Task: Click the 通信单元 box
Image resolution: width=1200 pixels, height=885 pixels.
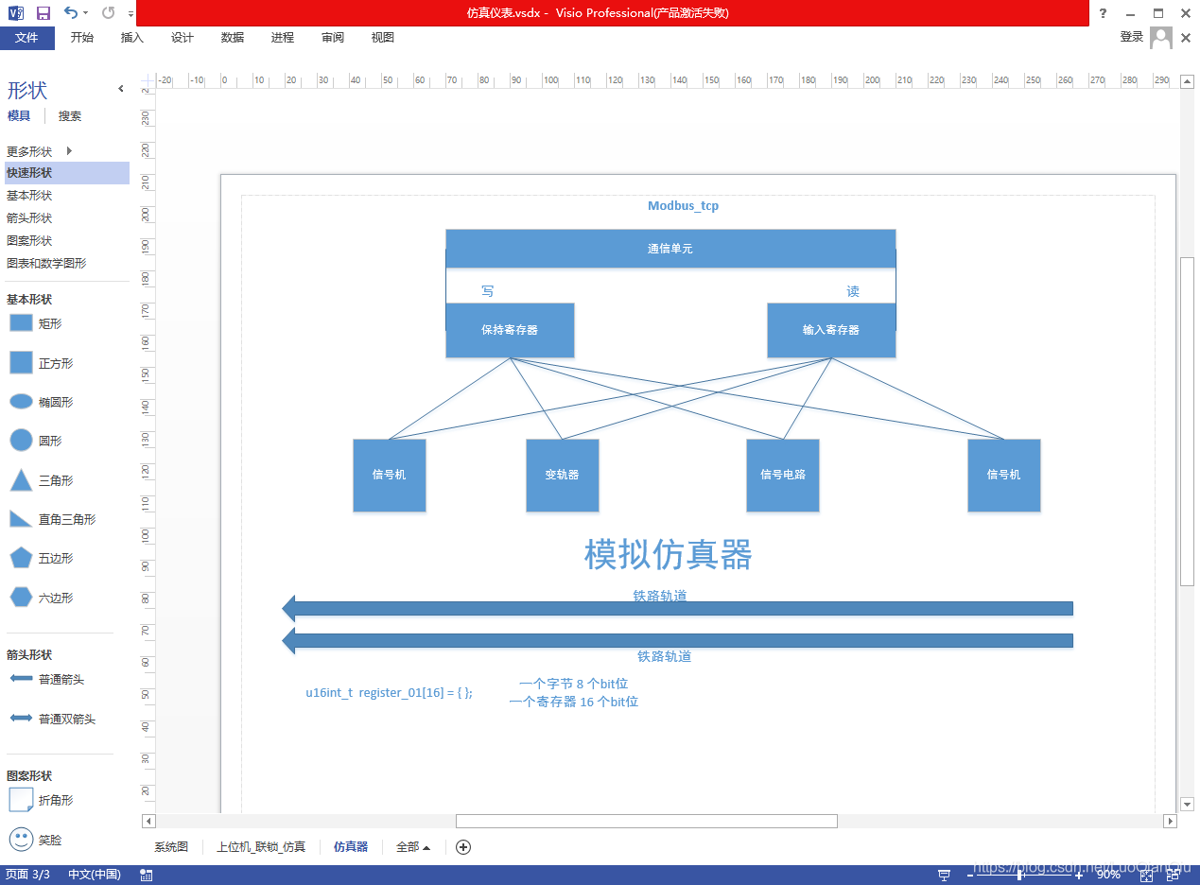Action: point(670,249)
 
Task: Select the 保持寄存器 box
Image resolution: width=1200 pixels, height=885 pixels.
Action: point(510,330)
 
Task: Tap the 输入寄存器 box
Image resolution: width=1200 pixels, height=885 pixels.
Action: point(831,330)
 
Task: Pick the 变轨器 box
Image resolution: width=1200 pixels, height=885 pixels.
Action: point(562,475)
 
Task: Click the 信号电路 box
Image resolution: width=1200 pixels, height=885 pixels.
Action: point(783,475)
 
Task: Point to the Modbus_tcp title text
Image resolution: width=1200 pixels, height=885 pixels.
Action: point(683,206)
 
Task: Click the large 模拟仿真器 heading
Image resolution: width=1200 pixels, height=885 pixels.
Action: point(668,555)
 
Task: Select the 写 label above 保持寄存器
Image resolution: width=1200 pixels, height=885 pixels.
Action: point(487,291)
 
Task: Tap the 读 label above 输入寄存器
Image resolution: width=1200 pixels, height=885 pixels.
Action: point(853,291)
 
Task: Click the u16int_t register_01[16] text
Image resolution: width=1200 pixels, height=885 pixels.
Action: point(389,693)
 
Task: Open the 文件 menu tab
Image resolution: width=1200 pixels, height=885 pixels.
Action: point(26,38)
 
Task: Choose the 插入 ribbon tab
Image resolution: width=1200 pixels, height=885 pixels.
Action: point(132,38)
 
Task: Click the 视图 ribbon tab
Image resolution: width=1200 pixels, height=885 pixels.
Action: point(383,38)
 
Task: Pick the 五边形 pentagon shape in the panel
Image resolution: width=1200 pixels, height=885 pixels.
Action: point(21,558)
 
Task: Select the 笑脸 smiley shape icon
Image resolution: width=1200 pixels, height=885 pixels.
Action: point(21,839)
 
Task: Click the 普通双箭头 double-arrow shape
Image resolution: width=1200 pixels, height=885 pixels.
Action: point(21,719)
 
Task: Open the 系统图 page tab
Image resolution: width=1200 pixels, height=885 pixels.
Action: point(171,847)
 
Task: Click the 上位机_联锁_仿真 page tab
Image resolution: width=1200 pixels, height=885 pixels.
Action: point(261,847)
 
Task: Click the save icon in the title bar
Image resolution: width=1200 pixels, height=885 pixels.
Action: point(43,13)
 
